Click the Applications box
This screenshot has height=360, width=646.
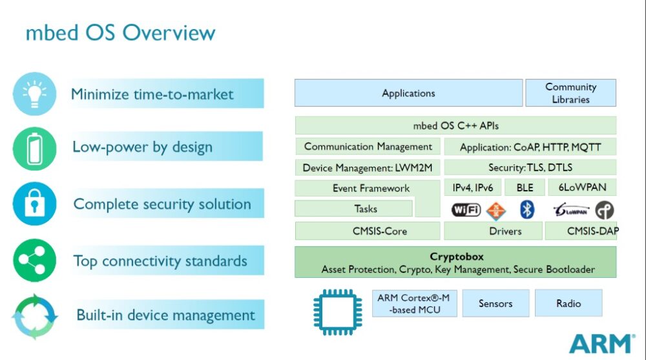[408, 93]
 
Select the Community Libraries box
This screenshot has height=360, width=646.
[570, 93]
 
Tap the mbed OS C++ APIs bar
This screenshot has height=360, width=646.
[455, 125]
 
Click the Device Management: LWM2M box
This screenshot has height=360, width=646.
[367, 168]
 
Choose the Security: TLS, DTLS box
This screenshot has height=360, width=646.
[530, 168]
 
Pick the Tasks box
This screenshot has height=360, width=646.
[353, 209]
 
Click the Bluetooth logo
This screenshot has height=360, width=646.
[527, 210]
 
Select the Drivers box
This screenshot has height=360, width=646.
[505, 231]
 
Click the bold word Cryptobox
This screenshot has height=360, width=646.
[456, 257]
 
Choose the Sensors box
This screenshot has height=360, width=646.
[495, 303]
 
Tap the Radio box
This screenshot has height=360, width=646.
[568, 303]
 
